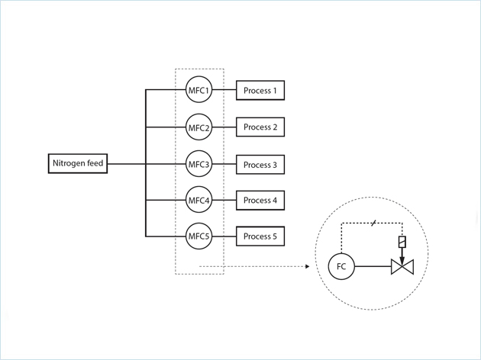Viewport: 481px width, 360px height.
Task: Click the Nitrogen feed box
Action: pyautogui.click(x=76, y=164)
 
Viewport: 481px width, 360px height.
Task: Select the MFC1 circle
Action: pyautogui.click(x=199, y=91)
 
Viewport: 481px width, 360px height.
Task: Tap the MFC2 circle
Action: pyautogui.click(x=199, y=127)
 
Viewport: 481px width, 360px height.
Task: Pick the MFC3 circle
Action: pyautogui.click(x=199, y=164)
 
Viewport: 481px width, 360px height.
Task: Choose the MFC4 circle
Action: pyautogui.click(x=199, y=200)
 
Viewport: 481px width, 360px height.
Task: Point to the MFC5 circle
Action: pyautogui.click(x=199, y=236)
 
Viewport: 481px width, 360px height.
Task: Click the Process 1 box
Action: pyautogui.click(x=260, y=91)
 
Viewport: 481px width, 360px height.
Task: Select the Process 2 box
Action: pyautogui.click(x=260, y=127)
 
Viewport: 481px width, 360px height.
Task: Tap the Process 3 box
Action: pyautogui.click(x=260, y=164)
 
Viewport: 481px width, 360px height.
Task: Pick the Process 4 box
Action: pyautogui.click(x=260, y=200)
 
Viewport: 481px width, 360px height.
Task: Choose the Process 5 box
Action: pyautogui.click(x=260, y=236)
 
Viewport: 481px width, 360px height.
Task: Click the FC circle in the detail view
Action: pyautogui.click(x=341, y=267)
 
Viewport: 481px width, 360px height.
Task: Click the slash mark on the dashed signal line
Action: pyautogui.click(x=373, y=223)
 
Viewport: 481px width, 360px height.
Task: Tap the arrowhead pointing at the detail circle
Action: pyautogui.click(x=305, y=267)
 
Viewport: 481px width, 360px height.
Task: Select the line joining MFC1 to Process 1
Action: pyautogui.click(x=224, y=91)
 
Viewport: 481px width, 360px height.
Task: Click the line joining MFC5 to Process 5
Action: pyautogui.click(x=224, y=236)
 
